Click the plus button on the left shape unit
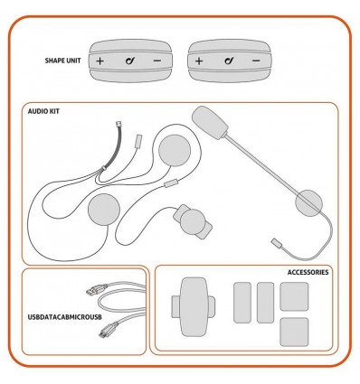pos(99,62)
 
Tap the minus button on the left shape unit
pos(157,62)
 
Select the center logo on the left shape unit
pos(128,62)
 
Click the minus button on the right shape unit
pos(257,62)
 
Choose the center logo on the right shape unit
pos(227,62)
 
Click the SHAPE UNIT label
pos(62,62)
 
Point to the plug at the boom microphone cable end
pos(279,243)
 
